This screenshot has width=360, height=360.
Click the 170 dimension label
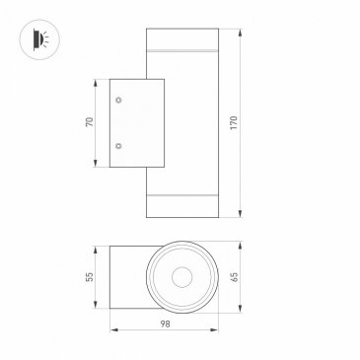pyautogui.click(x=234, y=123)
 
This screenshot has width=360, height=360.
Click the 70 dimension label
pyautogui.click(x=90, y=122)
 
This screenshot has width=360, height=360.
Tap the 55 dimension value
pyautogui.click(x=90, y=276)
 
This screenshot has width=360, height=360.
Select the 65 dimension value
pyautogui.click(x=234, y=276)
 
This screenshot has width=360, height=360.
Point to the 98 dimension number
pyautogui.click(x=165, y=324)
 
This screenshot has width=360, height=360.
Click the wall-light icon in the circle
pyautogui.click(x=40, y=39)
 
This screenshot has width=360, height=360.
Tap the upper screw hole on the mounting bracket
pyautogui.click(x=119, y=100)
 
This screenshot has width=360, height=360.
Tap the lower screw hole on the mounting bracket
pyautogui.click(x=118, y=146)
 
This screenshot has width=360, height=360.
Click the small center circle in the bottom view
pyautogui.click(x=181, y=277)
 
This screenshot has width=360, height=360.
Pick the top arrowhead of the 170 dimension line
pyautogui.click(x=241, y=33)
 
